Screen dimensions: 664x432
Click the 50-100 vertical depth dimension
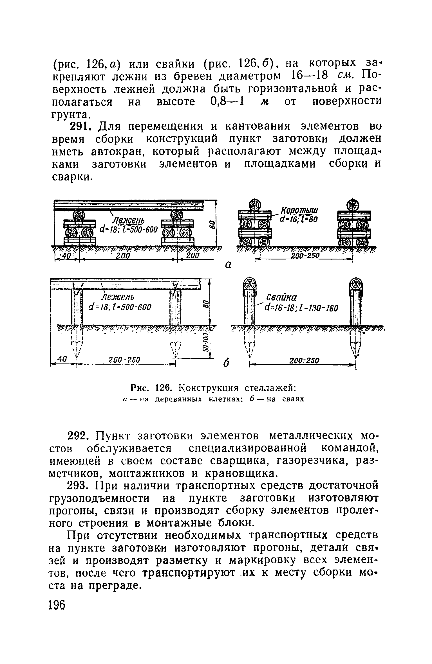pos(206,343)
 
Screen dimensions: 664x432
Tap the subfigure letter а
pos(228,265)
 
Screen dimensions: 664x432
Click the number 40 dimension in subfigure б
pos(62,359)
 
